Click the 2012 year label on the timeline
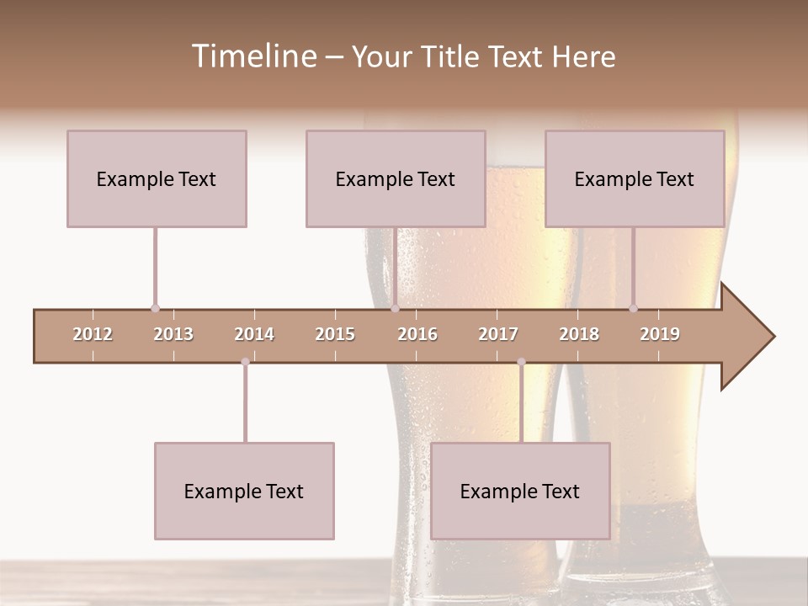coord(93,334)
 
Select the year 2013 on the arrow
coord(173,334)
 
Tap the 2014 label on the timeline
coord(254,334)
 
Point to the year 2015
coord(335,334)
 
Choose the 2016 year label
coord(417,334)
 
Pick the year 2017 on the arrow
coord(498,334)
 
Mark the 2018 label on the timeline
coord(579,334)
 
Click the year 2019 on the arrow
coord(660,334)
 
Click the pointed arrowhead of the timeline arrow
coord(749,337)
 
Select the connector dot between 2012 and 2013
coord(155,308)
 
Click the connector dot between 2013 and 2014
coord(245,362)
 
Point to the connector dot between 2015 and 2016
coord(395,308)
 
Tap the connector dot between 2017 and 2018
coord(521,362)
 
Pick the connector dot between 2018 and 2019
coord(634,308)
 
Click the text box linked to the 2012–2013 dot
coord(157,178)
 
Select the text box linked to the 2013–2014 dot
coord(244,491)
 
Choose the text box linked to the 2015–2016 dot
coord(396,178)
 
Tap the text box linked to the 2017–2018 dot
coord(520,491)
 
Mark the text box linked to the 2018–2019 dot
coord(635,178)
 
